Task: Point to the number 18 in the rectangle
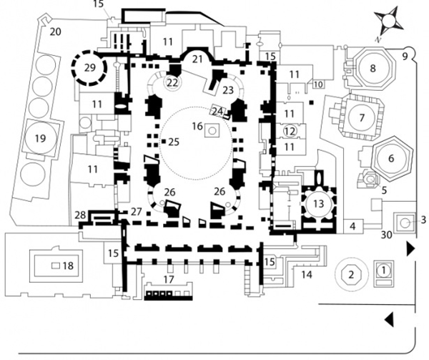click(x=68, y=266)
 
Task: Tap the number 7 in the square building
click(x=363, y=116)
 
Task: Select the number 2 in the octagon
click(x=350, y=273)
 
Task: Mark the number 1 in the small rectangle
click(x=383, y=271)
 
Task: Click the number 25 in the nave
click(x=172, y=142)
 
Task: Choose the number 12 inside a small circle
click(x=290, y=130)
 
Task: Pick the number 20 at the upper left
click(x=54, y=31)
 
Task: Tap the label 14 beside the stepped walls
click(x=307, y=273)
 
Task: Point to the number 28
click(x=99, y=215)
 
